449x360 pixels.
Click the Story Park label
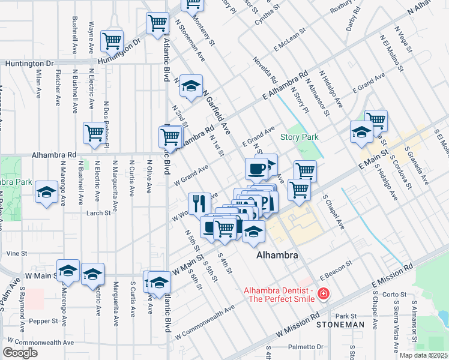click(300, 137)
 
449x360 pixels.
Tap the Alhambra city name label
click(277, 255)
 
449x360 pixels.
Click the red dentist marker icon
click(323, 293)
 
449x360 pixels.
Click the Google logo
click(20, 352)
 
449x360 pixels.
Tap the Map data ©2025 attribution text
click(423, 355)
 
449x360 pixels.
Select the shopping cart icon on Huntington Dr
click(112, 41)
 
